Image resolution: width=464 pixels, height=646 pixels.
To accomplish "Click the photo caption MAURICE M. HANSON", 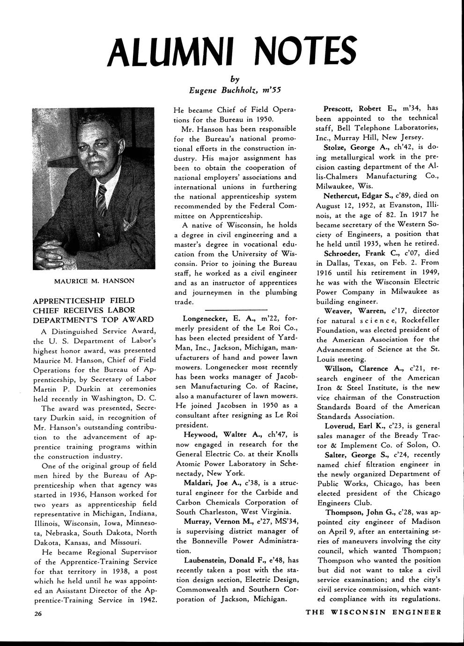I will click(95, 281).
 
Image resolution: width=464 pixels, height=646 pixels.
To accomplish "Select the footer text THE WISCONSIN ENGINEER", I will click(373, 612).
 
